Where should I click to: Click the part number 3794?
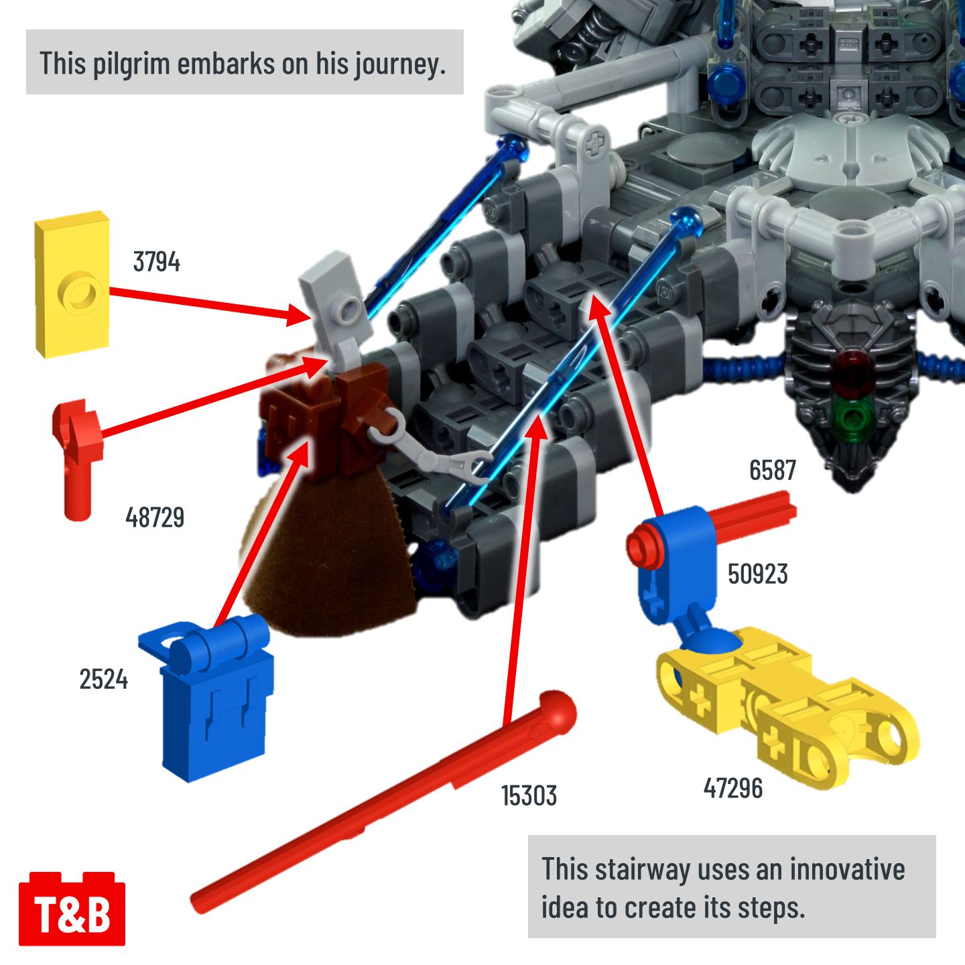[x=156, y=261]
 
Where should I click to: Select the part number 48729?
[x=155, y=517]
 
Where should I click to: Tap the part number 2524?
[x=104, y=679]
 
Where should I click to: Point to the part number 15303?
[x=529, y=795]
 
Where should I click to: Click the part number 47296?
[x=732, y=787]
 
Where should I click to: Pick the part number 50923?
[x=757, y=574]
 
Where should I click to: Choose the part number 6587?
[x=772, y=470]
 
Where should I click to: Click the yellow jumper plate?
[x=72, y=284]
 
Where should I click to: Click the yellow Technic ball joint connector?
[x=786, y=706]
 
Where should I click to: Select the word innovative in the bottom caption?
[x=847, y=869]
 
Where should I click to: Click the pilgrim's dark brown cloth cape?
[x=328, y=556]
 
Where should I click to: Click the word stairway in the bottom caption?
[x=642, y=870]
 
